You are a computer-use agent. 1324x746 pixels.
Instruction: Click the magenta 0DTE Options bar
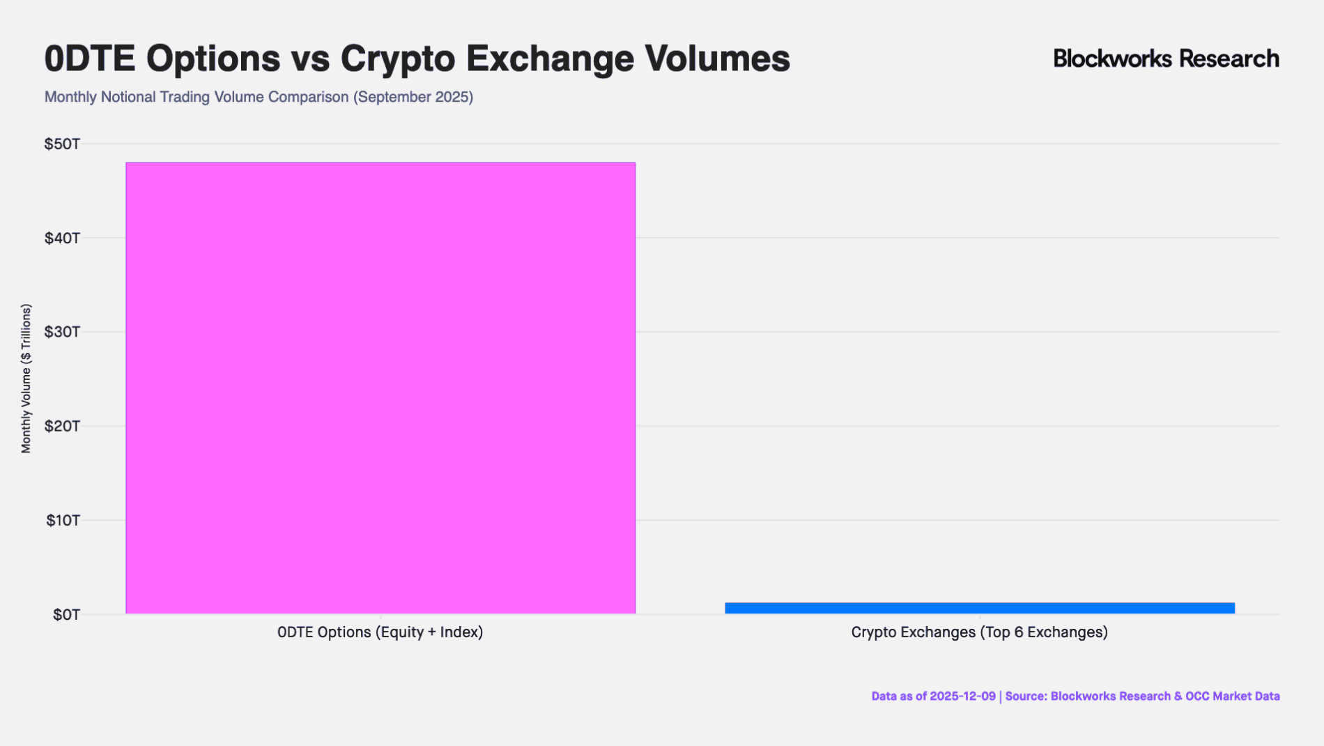coord(380,388)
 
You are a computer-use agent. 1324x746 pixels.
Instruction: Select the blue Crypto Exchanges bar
coord(979,608)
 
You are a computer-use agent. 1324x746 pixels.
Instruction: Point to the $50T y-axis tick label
coord(63,144)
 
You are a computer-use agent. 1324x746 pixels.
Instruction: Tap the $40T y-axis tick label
coord(63,238)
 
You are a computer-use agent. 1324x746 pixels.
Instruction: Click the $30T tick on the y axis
coord(63,332)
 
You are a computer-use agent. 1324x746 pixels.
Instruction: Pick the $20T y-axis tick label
coord(63,426)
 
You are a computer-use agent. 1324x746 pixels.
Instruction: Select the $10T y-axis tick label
coord(63,520)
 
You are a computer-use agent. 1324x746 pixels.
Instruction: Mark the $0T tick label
coord(66,615)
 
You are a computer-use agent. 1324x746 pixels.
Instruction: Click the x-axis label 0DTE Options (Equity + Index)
coord(380,632)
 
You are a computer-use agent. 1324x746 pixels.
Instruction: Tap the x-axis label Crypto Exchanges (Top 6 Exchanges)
coord(979,632)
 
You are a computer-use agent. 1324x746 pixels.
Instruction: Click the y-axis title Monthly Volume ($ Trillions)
coord(26,379)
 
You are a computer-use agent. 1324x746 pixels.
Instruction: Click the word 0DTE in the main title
coord(89,59)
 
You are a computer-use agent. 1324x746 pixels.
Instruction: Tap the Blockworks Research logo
coord(1166,59)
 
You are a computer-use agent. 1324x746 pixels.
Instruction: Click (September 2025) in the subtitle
coord(413,97)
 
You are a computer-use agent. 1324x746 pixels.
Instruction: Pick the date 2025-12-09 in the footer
coord(962,696)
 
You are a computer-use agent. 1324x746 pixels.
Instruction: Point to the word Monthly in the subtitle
coord(70,97)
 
